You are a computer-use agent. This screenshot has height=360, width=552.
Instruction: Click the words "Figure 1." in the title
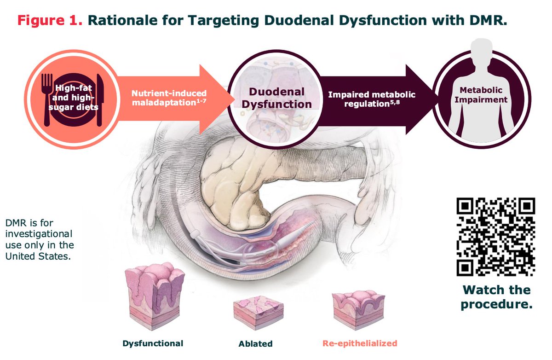click(49, 20)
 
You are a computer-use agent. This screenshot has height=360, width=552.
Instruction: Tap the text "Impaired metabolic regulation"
click(371, 99)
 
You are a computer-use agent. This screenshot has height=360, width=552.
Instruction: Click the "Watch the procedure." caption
click(496, 297)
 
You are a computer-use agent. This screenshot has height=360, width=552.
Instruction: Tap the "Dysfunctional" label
click(153, 343)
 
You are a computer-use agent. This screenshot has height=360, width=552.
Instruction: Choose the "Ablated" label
click(255, 343)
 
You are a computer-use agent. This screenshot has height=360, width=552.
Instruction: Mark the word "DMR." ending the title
click(489, 20)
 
